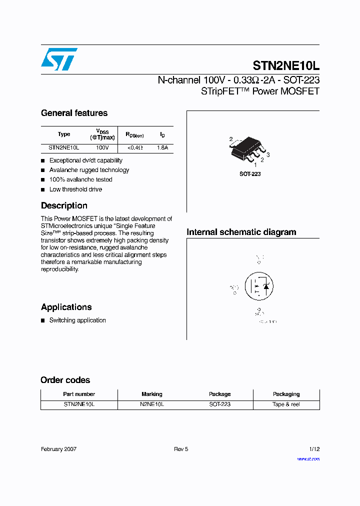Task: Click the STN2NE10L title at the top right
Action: point(286,66)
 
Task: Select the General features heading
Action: point(74,113)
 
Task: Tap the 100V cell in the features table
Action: point(102,148)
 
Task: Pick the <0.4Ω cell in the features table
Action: point(135,148)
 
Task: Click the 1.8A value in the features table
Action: point(162,148)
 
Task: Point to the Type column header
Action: point(64,134)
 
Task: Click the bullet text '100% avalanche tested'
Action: point(80,179)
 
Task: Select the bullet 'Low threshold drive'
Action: point(75,189)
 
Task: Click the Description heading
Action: point(64,205)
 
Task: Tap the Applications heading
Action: point(66,307)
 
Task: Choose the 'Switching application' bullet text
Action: point(77,320)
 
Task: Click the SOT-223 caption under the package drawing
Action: point(250,174)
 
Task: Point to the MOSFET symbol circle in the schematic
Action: point(258,286)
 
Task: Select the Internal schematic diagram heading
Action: point(241,232)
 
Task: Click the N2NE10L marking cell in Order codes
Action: point(152,404)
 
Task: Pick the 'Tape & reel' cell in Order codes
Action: point(286,404)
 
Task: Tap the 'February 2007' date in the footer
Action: point(58,449)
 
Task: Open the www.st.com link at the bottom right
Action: point(308,458)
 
